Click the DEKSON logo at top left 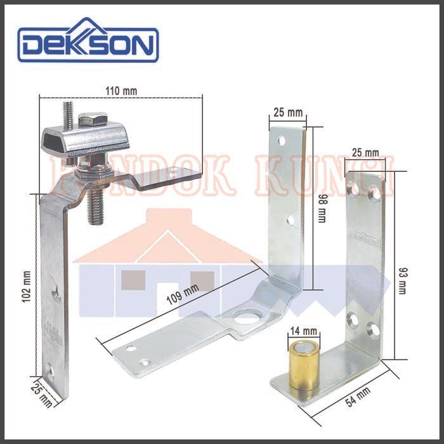tap(88, 44)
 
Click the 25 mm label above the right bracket tap(364, 153)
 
